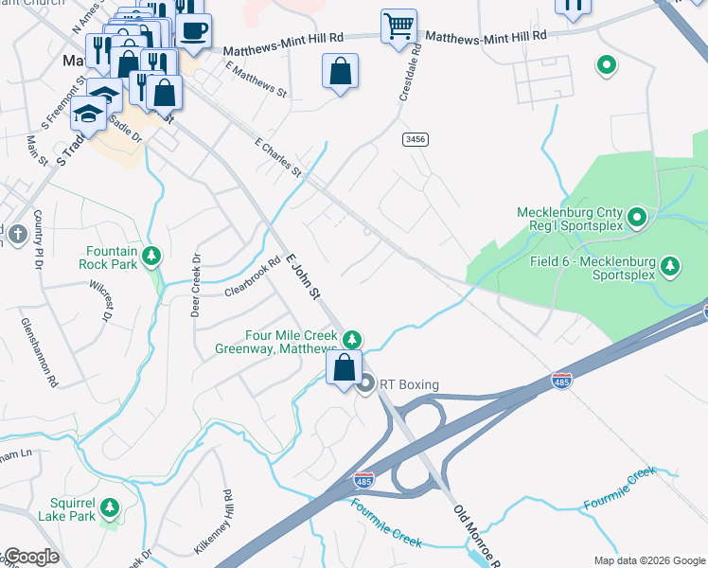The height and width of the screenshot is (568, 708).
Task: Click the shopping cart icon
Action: coord(398,26)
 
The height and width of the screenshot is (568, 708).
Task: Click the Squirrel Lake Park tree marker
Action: coord(110,508)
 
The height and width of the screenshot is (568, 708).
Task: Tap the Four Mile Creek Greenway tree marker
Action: coord(352,339)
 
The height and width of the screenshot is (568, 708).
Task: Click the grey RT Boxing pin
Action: coord(367,383)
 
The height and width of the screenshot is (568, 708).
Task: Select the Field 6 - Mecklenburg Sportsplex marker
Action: coord(670,263)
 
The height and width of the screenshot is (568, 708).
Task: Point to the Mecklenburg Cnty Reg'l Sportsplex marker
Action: coord(637,219)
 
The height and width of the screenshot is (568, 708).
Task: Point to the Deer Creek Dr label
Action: coord(196,284)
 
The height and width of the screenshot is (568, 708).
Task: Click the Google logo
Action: coord(30,557)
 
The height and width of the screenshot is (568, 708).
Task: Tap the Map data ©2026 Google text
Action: coord(649,559)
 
